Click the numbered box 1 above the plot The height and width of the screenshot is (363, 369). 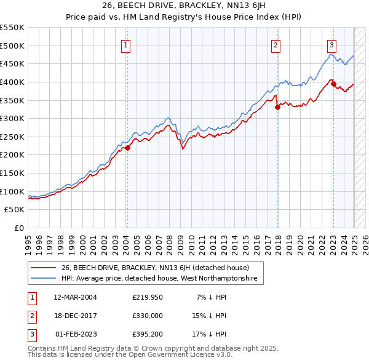coord(125,44)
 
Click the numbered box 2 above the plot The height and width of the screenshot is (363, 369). coord(276,44)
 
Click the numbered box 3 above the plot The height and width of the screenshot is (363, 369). coord(331,44)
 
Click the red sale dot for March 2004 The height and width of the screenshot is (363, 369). coord(127,148)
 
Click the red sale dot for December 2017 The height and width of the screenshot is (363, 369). coord(277,107)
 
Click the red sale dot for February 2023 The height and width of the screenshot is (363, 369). coord(333,84)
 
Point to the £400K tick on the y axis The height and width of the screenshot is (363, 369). coord(12,82)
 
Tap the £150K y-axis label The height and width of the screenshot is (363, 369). coord(12,173)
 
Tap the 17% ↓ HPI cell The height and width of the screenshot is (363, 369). coord(210,334)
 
